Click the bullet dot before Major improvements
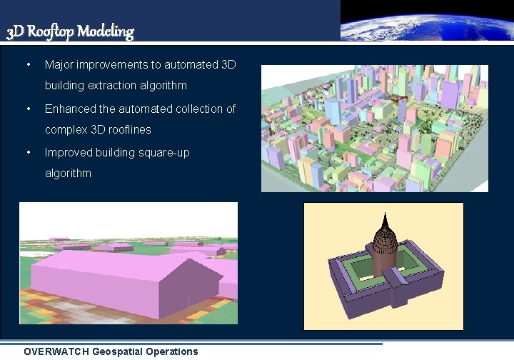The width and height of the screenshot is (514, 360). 28,65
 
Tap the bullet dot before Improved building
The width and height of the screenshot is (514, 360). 28,153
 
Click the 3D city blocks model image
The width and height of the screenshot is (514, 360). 374,129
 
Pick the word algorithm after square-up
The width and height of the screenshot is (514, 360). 68,174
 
